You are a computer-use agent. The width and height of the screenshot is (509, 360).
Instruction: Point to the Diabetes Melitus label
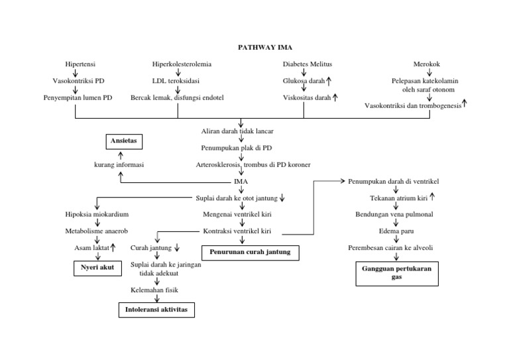coord(308,64)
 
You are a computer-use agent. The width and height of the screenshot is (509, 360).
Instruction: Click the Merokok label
coord(427,64)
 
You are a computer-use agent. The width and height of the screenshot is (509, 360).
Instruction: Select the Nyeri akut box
coord(93,269)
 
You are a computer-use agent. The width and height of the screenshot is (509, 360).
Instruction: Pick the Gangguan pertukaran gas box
coord(396,273)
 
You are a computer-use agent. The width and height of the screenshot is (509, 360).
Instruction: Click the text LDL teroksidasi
coord(180,81)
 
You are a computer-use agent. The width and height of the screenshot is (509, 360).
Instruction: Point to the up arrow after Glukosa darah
coord(329,81)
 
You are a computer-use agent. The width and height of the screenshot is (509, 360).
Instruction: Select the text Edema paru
coord(395,231)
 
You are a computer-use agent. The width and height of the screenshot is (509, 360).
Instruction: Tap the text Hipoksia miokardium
coord(97,214)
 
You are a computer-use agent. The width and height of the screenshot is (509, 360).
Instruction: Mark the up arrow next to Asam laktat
coord(113,247)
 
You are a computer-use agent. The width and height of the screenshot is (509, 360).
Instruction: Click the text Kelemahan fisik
coord(154,290)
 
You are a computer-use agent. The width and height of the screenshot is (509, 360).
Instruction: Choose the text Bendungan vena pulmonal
coord(396,214)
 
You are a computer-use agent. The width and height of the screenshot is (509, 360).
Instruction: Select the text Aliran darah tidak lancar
coord(241,131)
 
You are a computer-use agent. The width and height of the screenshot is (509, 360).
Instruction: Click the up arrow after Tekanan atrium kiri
coord(431,197)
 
